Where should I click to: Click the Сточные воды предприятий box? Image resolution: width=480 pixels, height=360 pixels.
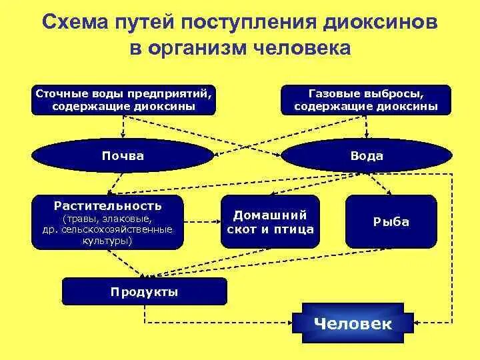(124, 99)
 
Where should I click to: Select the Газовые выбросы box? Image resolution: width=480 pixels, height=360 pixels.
(366, 99)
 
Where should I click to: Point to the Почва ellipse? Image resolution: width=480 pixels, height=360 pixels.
(123, 156)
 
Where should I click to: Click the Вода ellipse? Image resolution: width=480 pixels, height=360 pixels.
(367, 156)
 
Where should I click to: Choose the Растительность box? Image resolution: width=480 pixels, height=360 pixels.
(107, 222)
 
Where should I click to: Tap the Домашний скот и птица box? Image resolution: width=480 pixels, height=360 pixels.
(270, 222)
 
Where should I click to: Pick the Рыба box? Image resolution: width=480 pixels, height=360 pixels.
(391, 222)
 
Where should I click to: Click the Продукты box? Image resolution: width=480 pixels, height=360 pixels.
(144, 292)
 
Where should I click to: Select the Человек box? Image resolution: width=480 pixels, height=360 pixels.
(353, 324)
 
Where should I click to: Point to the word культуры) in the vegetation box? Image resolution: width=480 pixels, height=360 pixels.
(107, 240)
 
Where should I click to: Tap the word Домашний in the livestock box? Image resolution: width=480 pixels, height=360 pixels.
(270, 215)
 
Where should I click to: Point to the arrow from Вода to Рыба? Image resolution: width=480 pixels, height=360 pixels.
(380, 183)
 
